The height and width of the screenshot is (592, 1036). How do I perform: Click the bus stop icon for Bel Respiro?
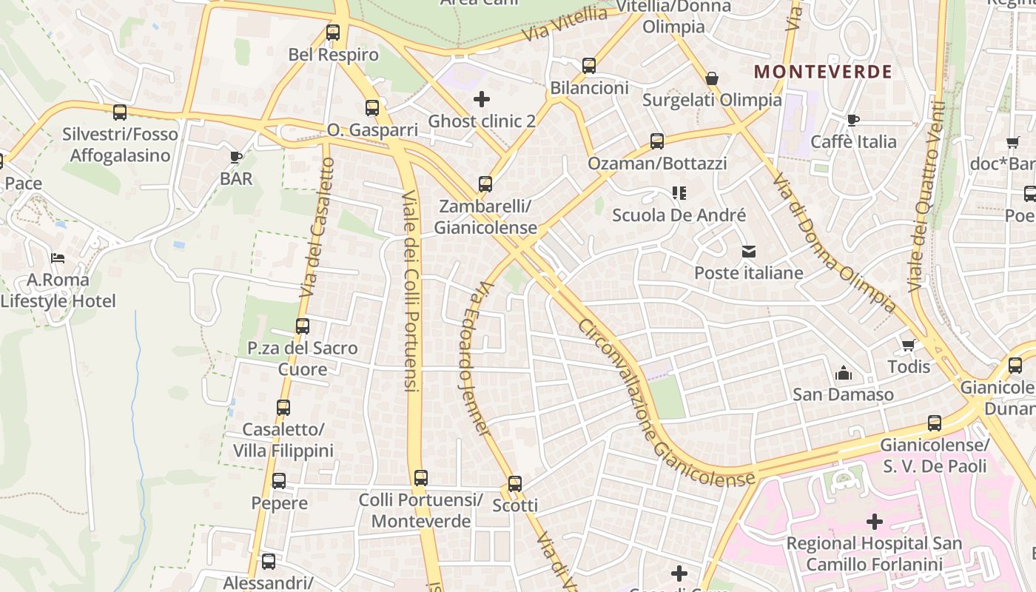[333, 33]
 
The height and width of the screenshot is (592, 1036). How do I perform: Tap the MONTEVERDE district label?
[823, 72]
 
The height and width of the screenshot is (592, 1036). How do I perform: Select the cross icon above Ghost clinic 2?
[482, 98]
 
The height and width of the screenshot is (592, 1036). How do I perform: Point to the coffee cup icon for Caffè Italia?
[853, 120]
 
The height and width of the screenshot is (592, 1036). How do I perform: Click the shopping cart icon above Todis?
[908, 345]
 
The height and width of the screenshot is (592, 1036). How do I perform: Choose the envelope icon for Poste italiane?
[749, 252]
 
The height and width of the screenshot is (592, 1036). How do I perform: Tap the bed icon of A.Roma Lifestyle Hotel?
[58, 258]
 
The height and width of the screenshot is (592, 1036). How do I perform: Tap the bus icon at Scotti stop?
[515, 484]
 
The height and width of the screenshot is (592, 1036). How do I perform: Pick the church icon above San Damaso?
[843, 374]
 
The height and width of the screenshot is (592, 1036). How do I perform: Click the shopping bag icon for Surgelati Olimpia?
[712, 78]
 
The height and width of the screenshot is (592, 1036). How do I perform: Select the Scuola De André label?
[679, 215]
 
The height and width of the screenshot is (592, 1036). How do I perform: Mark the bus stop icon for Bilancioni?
[589, 66]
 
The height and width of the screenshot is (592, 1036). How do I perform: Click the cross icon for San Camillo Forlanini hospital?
[875, 522]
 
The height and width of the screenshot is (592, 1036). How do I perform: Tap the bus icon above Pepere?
[279, 481]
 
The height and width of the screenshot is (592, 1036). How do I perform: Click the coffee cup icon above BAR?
[236, 157]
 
